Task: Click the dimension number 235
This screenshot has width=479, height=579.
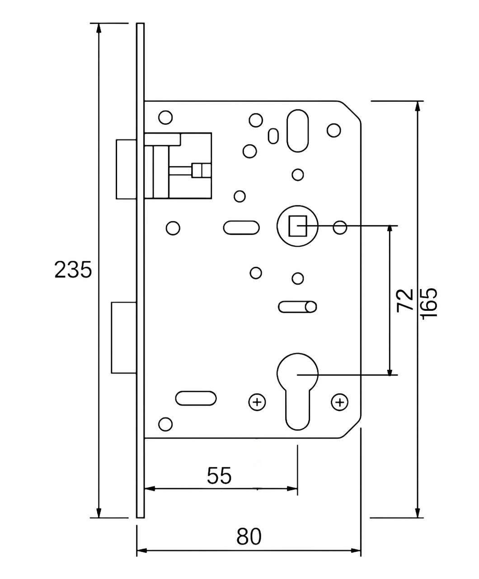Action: pos(73,270)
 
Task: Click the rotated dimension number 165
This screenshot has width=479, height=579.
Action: pos(429,304)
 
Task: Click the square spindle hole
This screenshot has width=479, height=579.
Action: pos(297,226)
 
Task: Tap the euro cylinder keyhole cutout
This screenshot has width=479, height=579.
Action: pos(297,391)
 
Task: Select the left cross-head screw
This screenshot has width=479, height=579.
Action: pos(257,402)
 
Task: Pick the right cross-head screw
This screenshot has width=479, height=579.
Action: pos(340,402)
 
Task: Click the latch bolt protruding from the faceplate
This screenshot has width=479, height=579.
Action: pos(127,169)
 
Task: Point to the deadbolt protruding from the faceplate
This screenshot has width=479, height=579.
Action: pos(124,338)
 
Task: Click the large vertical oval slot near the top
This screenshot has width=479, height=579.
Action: pos(297,131)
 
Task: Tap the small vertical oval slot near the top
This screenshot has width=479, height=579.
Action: pos(273,136)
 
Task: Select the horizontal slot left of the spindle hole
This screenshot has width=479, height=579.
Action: pos(241,228)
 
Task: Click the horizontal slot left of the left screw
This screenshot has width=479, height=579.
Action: pos(196,398)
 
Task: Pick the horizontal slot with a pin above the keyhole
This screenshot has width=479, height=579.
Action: pos(297,307)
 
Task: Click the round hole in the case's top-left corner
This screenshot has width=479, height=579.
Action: pos(165,117)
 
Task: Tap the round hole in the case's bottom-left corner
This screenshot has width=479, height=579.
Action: pos(165,424)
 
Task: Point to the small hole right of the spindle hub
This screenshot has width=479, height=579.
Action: pos(340,228)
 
